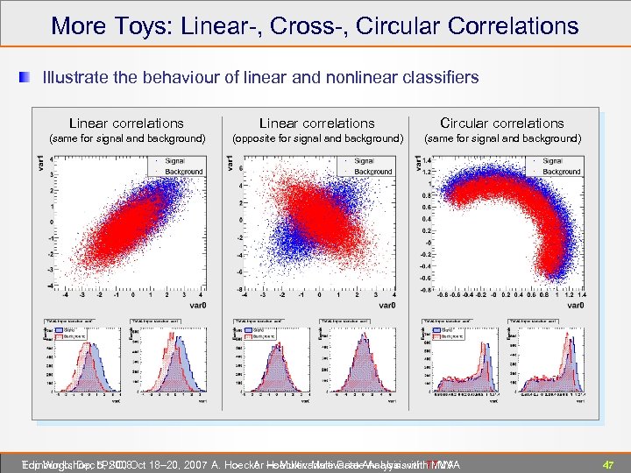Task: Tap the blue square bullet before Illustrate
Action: point(31,78)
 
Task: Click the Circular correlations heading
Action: point(501,124)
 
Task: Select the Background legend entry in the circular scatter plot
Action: point(561,172)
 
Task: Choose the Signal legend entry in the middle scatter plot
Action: point(364,161)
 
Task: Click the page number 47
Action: point(607,463)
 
